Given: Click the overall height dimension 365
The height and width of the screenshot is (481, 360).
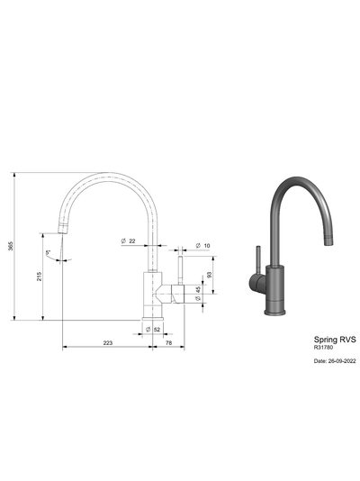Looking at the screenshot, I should point(11,246).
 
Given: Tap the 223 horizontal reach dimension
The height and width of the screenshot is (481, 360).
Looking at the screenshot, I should point(107,343).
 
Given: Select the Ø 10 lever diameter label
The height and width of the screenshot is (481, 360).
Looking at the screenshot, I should point(202,245).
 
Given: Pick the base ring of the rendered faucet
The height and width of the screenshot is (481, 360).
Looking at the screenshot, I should point(274,312).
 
